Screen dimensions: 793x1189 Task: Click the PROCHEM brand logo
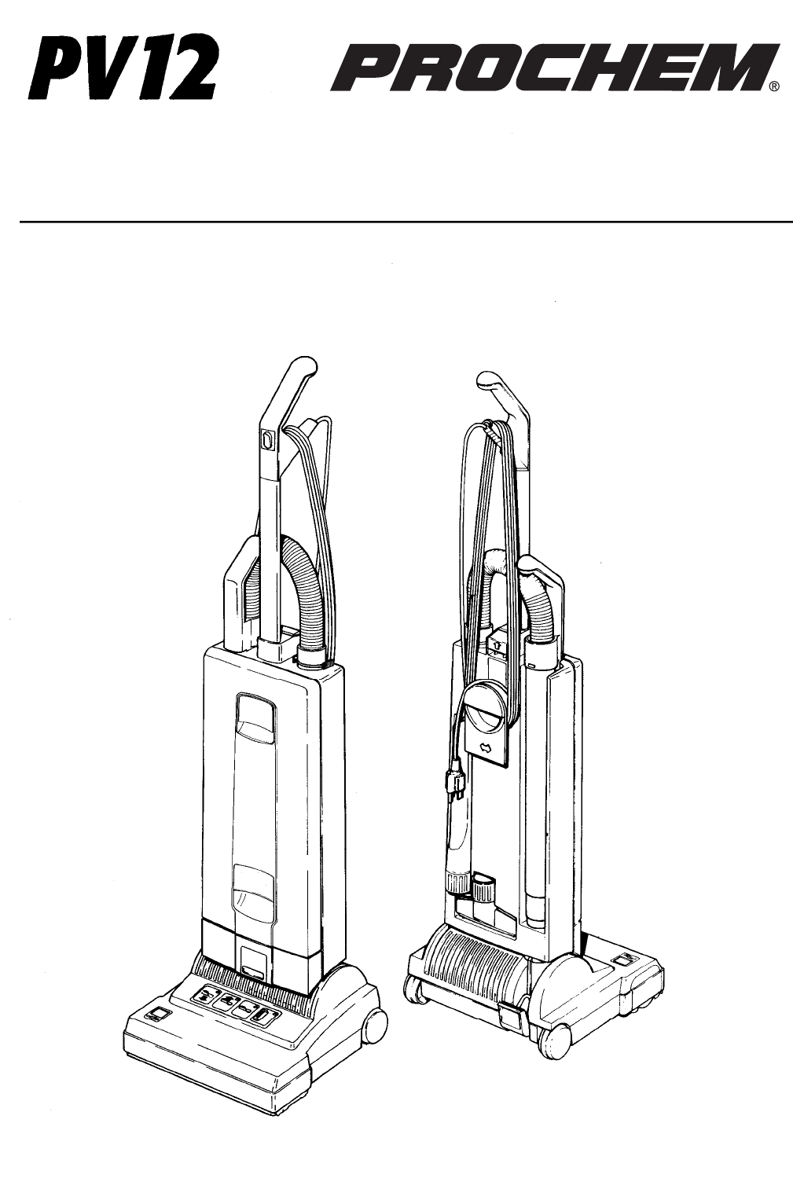(x=553, y=68)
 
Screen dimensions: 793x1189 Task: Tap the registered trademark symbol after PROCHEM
(x=775, y=87)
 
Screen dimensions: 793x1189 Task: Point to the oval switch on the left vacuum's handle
(x=266, y=440)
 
